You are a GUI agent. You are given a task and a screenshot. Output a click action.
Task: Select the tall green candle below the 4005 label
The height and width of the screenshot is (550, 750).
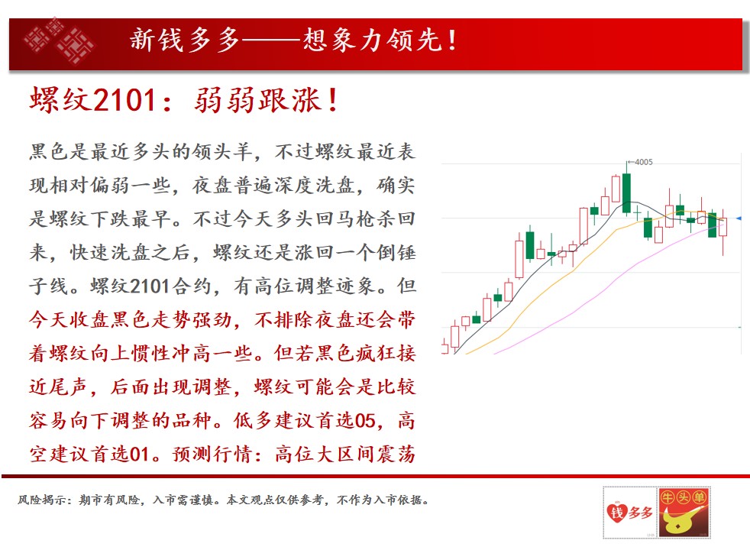click(x=626, y=192)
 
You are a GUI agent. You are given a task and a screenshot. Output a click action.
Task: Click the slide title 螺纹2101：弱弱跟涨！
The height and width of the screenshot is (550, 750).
click(x=184, y=100)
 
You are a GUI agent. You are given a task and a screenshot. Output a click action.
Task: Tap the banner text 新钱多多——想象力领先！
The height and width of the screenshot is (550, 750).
click(x=293, y=40)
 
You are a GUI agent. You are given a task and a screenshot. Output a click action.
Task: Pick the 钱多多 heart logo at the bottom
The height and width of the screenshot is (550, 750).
click(x=629, y=513)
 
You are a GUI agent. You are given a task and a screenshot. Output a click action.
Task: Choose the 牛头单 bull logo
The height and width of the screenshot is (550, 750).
click(x=684, y=513)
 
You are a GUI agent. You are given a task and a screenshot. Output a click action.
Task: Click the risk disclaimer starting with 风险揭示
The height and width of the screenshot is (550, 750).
click(x=223, y=500)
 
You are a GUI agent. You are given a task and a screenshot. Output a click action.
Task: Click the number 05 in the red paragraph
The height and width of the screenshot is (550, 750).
click(x=365, y=421)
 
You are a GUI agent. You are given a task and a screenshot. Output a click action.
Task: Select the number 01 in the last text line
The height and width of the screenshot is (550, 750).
click(x=139, y=455)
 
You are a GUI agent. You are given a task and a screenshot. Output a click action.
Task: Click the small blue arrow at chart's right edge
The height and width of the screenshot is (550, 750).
click(x=739, y=218)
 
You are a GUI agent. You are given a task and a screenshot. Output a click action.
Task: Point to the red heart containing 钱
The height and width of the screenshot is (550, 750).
click(x=617, y=513)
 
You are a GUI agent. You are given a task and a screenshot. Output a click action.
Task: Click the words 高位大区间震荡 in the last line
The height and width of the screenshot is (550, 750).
click(x=345, y=455)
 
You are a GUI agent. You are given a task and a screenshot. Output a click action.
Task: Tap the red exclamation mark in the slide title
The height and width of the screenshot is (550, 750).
click(x=334, y=100)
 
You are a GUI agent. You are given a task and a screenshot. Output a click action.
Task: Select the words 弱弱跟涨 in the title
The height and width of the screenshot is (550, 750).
click(x=257, y=100)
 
